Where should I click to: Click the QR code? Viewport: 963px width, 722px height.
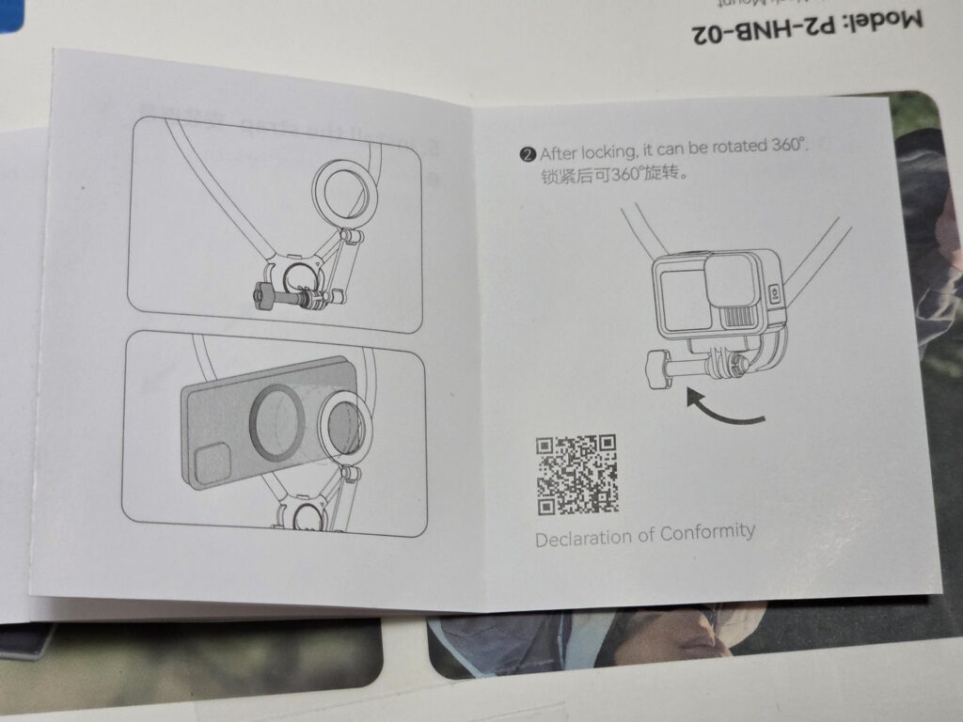click(x=576, y=475)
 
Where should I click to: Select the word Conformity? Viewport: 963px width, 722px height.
click(x=707, y=532)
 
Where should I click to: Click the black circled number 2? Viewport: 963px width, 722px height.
click(x=528, y=154)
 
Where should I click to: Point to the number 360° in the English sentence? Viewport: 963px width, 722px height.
click(x=789, y=145)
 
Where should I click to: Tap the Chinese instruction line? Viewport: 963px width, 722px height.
click(x=613, y=174)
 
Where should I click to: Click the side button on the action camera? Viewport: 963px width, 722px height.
click(x=775, y=293)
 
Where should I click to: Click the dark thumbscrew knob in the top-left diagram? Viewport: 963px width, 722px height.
click(x=263, y=296)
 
